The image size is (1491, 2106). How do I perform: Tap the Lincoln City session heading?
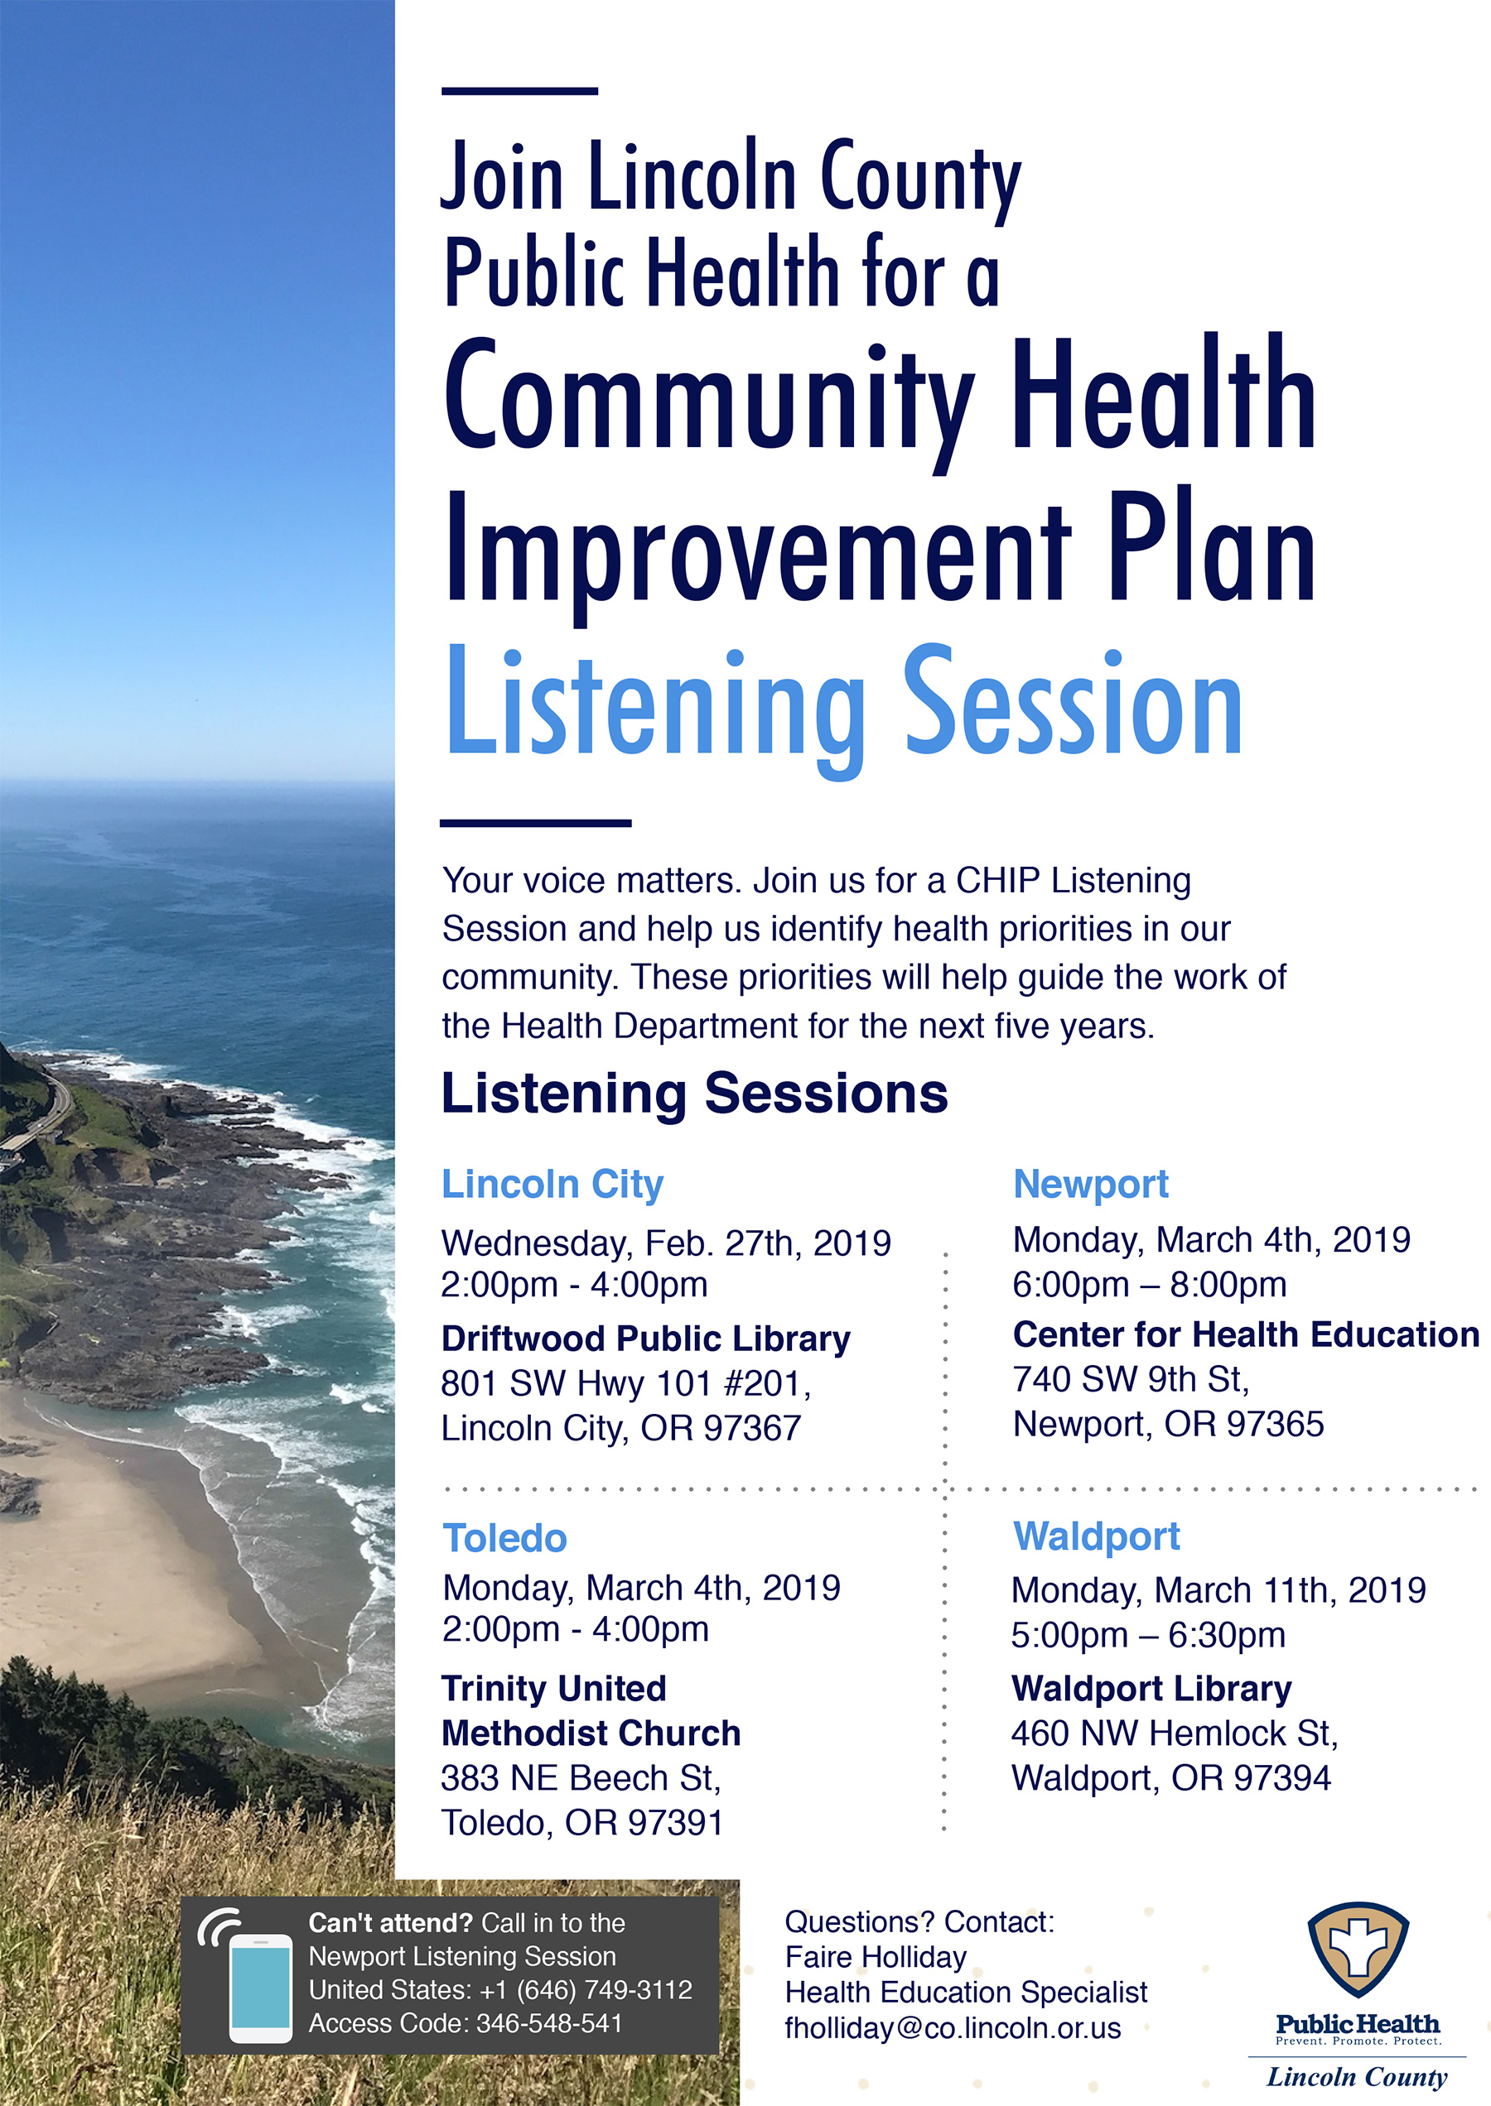552,1185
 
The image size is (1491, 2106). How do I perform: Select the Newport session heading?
1091,1185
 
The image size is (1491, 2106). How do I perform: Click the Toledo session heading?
505,1538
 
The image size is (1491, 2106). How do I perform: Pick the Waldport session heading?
1096,1537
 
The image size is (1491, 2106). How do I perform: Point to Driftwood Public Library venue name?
645,1339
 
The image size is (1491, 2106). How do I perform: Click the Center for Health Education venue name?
1246,1334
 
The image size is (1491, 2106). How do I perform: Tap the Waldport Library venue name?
1151,1689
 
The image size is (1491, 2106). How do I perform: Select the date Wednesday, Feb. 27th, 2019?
666,1243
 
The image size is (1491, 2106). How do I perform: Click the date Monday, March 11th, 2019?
1218,1590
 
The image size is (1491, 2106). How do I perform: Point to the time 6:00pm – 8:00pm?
1150,1285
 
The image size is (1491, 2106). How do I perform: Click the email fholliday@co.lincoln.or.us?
953,2028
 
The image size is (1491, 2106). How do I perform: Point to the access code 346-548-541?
550,2023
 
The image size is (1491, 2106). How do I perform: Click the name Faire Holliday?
876,1957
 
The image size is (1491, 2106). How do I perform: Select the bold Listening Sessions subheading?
694,1094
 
